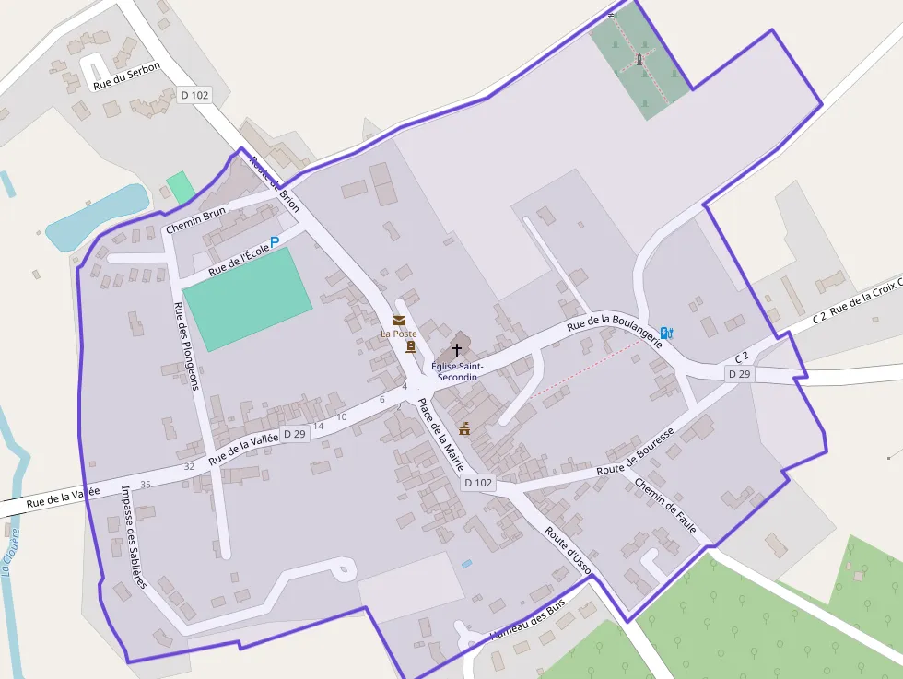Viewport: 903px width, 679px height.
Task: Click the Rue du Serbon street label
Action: coord(127,76)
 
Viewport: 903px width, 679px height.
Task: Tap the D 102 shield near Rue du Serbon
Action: coord(194,95)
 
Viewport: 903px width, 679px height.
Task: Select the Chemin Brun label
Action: coord(195,219)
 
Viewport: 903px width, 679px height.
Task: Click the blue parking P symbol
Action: coord(275,242)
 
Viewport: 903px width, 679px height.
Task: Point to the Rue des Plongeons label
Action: coord(185,346)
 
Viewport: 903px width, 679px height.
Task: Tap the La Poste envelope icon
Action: coord(399,320)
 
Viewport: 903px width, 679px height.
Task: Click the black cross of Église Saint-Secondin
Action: coord(456,350)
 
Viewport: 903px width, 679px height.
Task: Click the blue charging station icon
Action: coord(667,334)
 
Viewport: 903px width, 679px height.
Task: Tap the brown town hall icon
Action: coord(464,428)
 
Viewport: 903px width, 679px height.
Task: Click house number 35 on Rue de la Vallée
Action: coord(146,485)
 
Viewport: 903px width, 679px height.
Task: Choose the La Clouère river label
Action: coord(11,551)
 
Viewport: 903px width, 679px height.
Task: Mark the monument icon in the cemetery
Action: coord(639,60)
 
